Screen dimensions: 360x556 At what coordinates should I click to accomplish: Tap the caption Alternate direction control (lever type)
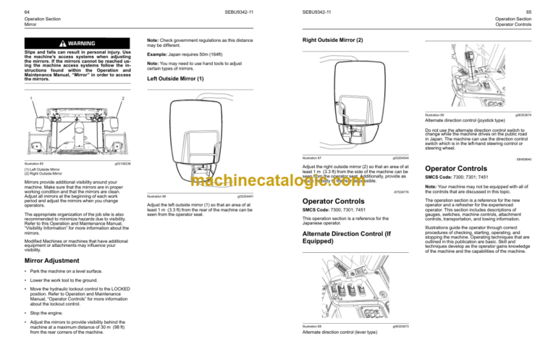[344, 333]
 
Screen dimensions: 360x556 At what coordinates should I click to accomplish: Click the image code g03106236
[122, 164]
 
